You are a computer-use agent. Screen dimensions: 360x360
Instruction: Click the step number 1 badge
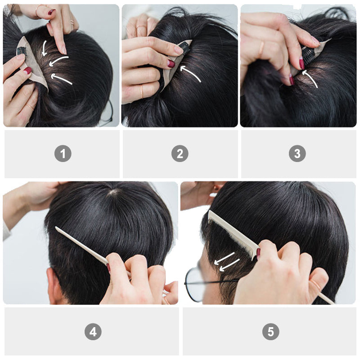pyautogui.click(x=63, y=153)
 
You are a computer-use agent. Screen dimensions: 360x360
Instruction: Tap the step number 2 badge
pyautogui.click(x=180, y=153)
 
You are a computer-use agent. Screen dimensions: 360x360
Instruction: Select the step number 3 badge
pyautogui.click(x=297, y=153)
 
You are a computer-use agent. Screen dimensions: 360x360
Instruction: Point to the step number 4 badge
pyautogui.click(x=93, y=332)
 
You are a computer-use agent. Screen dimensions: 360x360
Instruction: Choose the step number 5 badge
pyautogui.click(x=271, y=332)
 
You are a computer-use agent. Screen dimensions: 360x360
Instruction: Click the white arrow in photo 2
pyautogui.click(x=190, y=73)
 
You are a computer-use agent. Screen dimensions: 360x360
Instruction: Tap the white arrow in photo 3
pyautogui.click(x=310, y=78)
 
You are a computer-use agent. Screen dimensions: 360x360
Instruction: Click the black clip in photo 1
pyautogui.click(x=21, y=51)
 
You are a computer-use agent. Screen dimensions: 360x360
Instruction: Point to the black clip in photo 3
pyautogui.click(x=308, y=55)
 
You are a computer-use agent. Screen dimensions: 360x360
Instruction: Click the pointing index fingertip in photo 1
pyautogui.click(x=63, y=50)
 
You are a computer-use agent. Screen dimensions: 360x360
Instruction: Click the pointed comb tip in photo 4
pyautogui.click(x=56, y=228)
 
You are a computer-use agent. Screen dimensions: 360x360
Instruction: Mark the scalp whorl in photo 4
pyautogui.click(x=114, y=192)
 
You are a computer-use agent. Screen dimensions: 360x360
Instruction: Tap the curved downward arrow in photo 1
pyautogui.click(x=44, y=48)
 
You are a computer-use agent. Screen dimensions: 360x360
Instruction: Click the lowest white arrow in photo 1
pyautogui.click(x=61, y=79)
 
